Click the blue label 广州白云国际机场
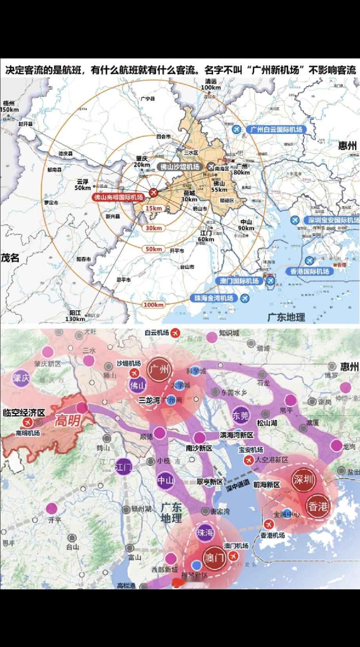pyautogui.click(x=276, y=129)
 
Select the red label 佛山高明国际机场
pyautogui.click(x=118, y=197)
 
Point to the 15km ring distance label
pyautogui.click(x=154, y=208)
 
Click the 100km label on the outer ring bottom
pyautogui.click(x=154, y=305)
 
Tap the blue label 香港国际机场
pyautogui.click(x=309, y=271)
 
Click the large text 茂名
pyautogui.click(x=10, y=258)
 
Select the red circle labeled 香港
pyautogui.click(x=318, y=506)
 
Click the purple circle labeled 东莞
pyautogui.click(x=240, y=416)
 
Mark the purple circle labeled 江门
pyautogui.click(x=124, y=467)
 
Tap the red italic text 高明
pyautogui.click(x=67, y=421)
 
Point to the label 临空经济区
pyautogui.click(x=24, y=413)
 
